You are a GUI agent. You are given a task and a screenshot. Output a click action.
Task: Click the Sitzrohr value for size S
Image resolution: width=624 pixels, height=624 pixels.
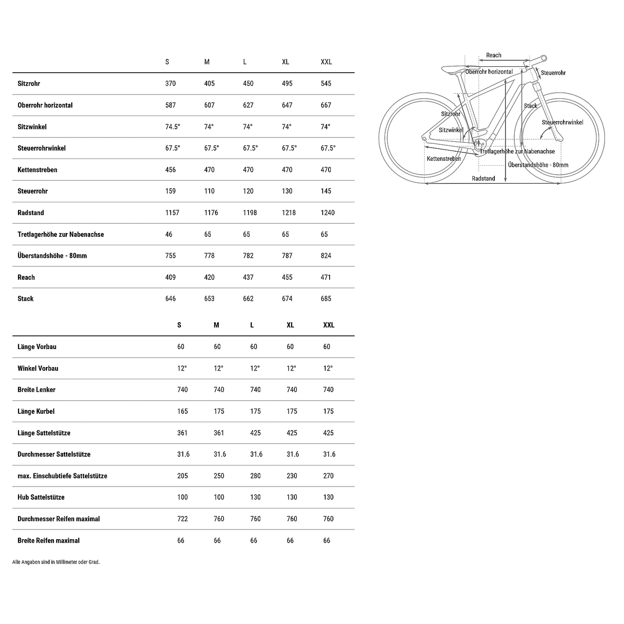click(x=171, y=84)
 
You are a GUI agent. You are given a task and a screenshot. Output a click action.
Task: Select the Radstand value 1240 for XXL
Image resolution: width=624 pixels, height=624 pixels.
click(x=328, y=213)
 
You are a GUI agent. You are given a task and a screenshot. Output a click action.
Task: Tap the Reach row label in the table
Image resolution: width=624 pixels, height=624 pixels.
click(x=26, y=277)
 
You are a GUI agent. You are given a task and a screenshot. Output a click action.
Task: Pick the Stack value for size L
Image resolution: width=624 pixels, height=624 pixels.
click(x=248, y=299)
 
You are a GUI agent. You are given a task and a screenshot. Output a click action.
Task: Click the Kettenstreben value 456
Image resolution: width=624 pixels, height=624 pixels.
click(x=171, y=170)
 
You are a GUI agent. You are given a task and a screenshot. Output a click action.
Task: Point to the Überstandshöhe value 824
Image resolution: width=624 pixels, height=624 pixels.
click(x=326, y=256)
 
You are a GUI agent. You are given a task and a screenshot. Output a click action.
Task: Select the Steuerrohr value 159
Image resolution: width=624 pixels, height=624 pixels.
click(x=171, y=192)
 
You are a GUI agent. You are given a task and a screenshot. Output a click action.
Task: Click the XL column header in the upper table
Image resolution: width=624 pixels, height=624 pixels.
click(x=286, y=62)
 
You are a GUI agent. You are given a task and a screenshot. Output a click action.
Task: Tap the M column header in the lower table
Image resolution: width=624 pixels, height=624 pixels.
click(x=216, y=325)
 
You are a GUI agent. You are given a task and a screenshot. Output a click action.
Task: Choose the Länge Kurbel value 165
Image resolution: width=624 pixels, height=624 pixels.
click(x=183, y=411)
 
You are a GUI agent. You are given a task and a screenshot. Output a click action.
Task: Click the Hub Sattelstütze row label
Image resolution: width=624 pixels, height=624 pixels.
click(x=41, y=498)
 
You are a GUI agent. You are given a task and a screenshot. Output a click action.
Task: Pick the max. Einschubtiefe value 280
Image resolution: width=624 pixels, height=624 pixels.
click(x=255, y=476)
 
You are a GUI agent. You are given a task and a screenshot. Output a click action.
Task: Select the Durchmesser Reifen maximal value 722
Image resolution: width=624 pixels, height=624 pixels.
click(x=183, y=519)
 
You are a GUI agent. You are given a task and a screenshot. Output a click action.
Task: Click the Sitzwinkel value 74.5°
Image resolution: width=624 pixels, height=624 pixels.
click(x=173, y=127)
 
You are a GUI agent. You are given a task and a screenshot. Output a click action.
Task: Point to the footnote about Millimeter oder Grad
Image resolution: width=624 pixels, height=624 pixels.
click(x=56, y=562)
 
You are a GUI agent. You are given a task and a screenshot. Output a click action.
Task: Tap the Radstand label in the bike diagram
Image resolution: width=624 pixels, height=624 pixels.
click(x=483, y=179)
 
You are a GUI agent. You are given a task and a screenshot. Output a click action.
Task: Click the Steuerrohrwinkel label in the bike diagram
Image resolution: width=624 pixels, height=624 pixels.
click(x=562, y=122)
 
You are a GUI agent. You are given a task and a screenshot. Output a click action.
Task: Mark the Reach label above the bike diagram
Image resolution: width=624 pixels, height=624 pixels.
click(x=493, y=56)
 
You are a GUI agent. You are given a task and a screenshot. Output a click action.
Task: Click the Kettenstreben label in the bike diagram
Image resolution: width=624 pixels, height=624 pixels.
click(x=444, y=159)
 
